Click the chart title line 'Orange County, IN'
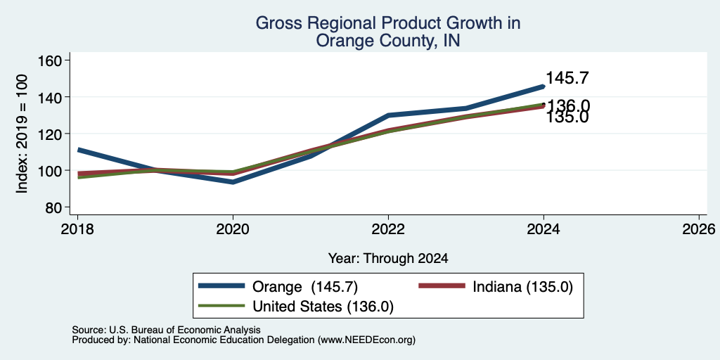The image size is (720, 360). [388, 41]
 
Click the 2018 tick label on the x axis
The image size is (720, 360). [77, 229]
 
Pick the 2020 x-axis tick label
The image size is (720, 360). [233, 229]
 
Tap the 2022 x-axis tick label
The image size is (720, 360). [388, 229]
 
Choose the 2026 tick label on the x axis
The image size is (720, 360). [698, 229]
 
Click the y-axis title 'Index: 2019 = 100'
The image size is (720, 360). [22, 134]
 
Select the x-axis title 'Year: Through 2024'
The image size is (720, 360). [388, 259]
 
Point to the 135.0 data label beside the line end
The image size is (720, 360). [567, 117]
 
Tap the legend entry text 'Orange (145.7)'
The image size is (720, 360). [305, 287]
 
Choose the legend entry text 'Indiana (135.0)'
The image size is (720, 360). [522, 287]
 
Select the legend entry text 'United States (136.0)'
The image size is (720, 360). [323, 307]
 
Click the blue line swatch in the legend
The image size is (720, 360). [221, 286]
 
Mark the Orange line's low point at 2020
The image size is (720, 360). [233, 182]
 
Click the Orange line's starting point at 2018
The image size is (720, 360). [79, 150]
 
